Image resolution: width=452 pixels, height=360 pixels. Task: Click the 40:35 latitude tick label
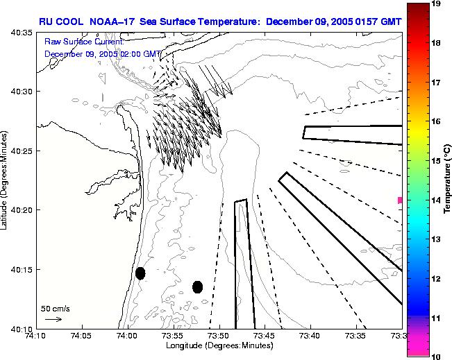click(19, 32)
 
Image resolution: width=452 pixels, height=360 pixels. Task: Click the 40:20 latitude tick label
click(19, 209)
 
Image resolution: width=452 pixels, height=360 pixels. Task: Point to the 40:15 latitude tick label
click(19, 269)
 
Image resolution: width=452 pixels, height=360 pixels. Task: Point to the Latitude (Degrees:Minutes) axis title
click(6, 180)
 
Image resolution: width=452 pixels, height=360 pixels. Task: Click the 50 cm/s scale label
click(55, 308)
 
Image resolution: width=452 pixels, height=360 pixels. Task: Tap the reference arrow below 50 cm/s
click(53, 319)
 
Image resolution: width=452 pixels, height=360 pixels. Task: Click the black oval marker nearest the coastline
click(140, 273)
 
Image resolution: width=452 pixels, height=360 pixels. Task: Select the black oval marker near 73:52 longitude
click(197, 286)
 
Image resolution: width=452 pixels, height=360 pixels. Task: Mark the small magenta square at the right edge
click(400, 200)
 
